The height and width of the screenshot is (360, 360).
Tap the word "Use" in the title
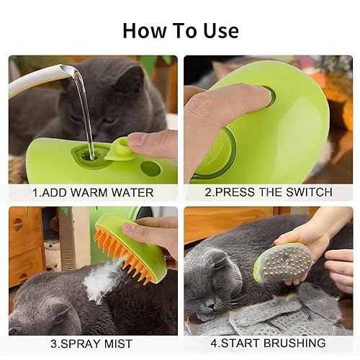(x=219, y=30)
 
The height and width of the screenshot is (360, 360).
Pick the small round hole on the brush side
(x=150, y=168)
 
